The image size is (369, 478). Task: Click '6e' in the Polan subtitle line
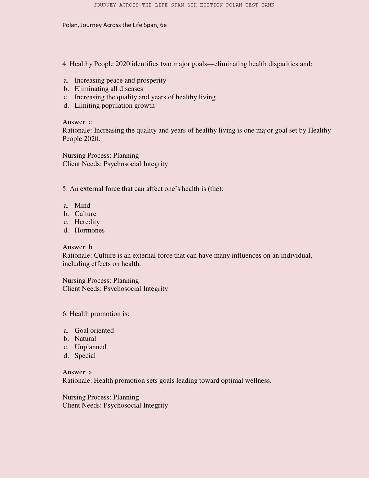(163, 25)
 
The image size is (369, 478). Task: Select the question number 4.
(65, 64)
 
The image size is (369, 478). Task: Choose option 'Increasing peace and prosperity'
(120, 80)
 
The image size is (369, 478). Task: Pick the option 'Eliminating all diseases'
(109, 89)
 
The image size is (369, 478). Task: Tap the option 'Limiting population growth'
(114, 106)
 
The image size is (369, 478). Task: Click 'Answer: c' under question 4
(77, 122)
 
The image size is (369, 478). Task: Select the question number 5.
(65, 189)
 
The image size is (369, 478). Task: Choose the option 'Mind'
(82, 205)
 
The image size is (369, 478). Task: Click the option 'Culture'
(85, 214)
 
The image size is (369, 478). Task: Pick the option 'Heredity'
(87, 222)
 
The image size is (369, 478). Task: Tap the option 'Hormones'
(89, 230)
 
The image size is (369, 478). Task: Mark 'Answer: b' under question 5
(77, 247)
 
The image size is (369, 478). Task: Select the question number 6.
(65, 314)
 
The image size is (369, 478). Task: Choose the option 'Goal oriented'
(94, 331)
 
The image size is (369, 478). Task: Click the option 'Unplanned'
(90, 347)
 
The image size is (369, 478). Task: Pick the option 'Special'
(85, 356)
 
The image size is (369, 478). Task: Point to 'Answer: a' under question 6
(77, 372)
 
